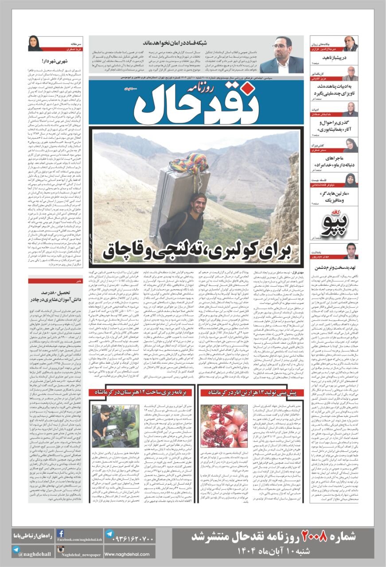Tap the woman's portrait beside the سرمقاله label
click(x=34, y=43)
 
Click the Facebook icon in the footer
click(x=61, y=534)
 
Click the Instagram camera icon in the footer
click(x=61, y=550)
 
